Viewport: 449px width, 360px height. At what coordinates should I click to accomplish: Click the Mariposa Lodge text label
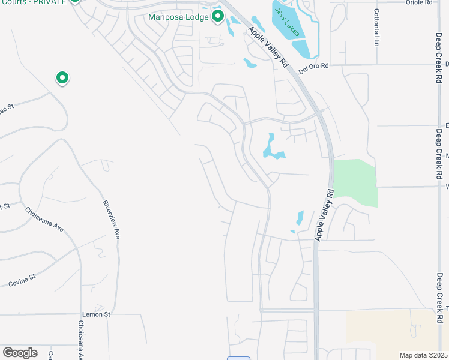coord(178,17)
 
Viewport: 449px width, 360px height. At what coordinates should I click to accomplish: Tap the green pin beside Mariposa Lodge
coord(218,15)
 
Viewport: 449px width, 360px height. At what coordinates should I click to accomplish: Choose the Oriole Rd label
coord(420,3)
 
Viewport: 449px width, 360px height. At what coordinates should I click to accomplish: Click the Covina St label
coord(23,281)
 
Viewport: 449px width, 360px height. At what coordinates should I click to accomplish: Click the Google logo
coord(20,353)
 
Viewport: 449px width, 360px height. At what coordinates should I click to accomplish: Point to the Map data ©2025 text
coord(423,355)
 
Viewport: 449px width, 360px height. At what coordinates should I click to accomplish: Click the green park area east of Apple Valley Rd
coord(355,181)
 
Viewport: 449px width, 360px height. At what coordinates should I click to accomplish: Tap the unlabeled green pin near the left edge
coord(62,77)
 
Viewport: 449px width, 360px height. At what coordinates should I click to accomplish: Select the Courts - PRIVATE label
coord(33,2)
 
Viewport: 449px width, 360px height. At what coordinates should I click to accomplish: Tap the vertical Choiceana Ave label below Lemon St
coord(80,340)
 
